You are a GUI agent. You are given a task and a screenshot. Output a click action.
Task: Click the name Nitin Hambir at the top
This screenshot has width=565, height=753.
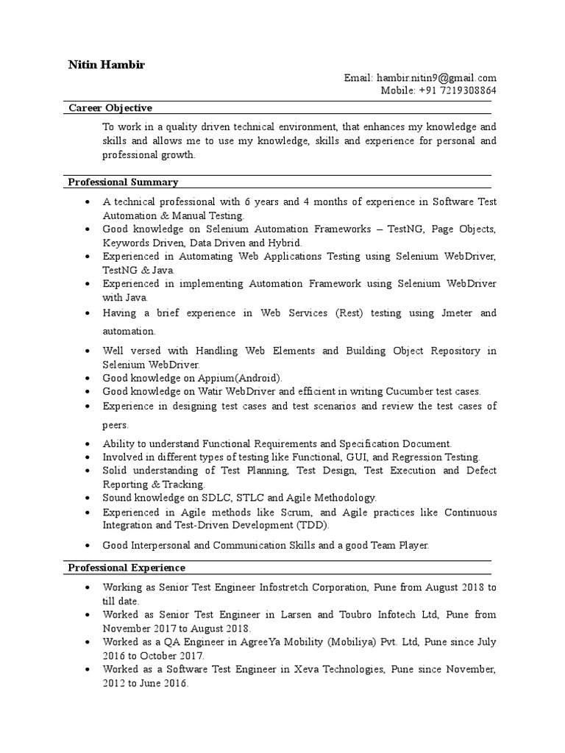pos(107,65)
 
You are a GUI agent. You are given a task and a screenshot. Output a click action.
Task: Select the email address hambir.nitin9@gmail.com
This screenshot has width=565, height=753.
pos(437,78)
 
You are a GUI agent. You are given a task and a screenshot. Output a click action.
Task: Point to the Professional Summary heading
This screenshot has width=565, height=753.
pos(123,182)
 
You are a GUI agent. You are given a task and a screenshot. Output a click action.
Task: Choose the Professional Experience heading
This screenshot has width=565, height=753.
pos(127,568)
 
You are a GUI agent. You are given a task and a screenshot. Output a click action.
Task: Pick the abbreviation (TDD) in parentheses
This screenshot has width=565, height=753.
pos(313,525)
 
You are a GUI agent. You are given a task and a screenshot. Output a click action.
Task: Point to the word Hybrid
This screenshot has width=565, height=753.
pos(284,243)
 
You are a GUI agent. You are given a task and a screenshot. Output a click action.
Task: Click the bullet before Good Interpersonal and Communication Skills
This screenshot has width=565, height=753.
pos(88,546)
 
